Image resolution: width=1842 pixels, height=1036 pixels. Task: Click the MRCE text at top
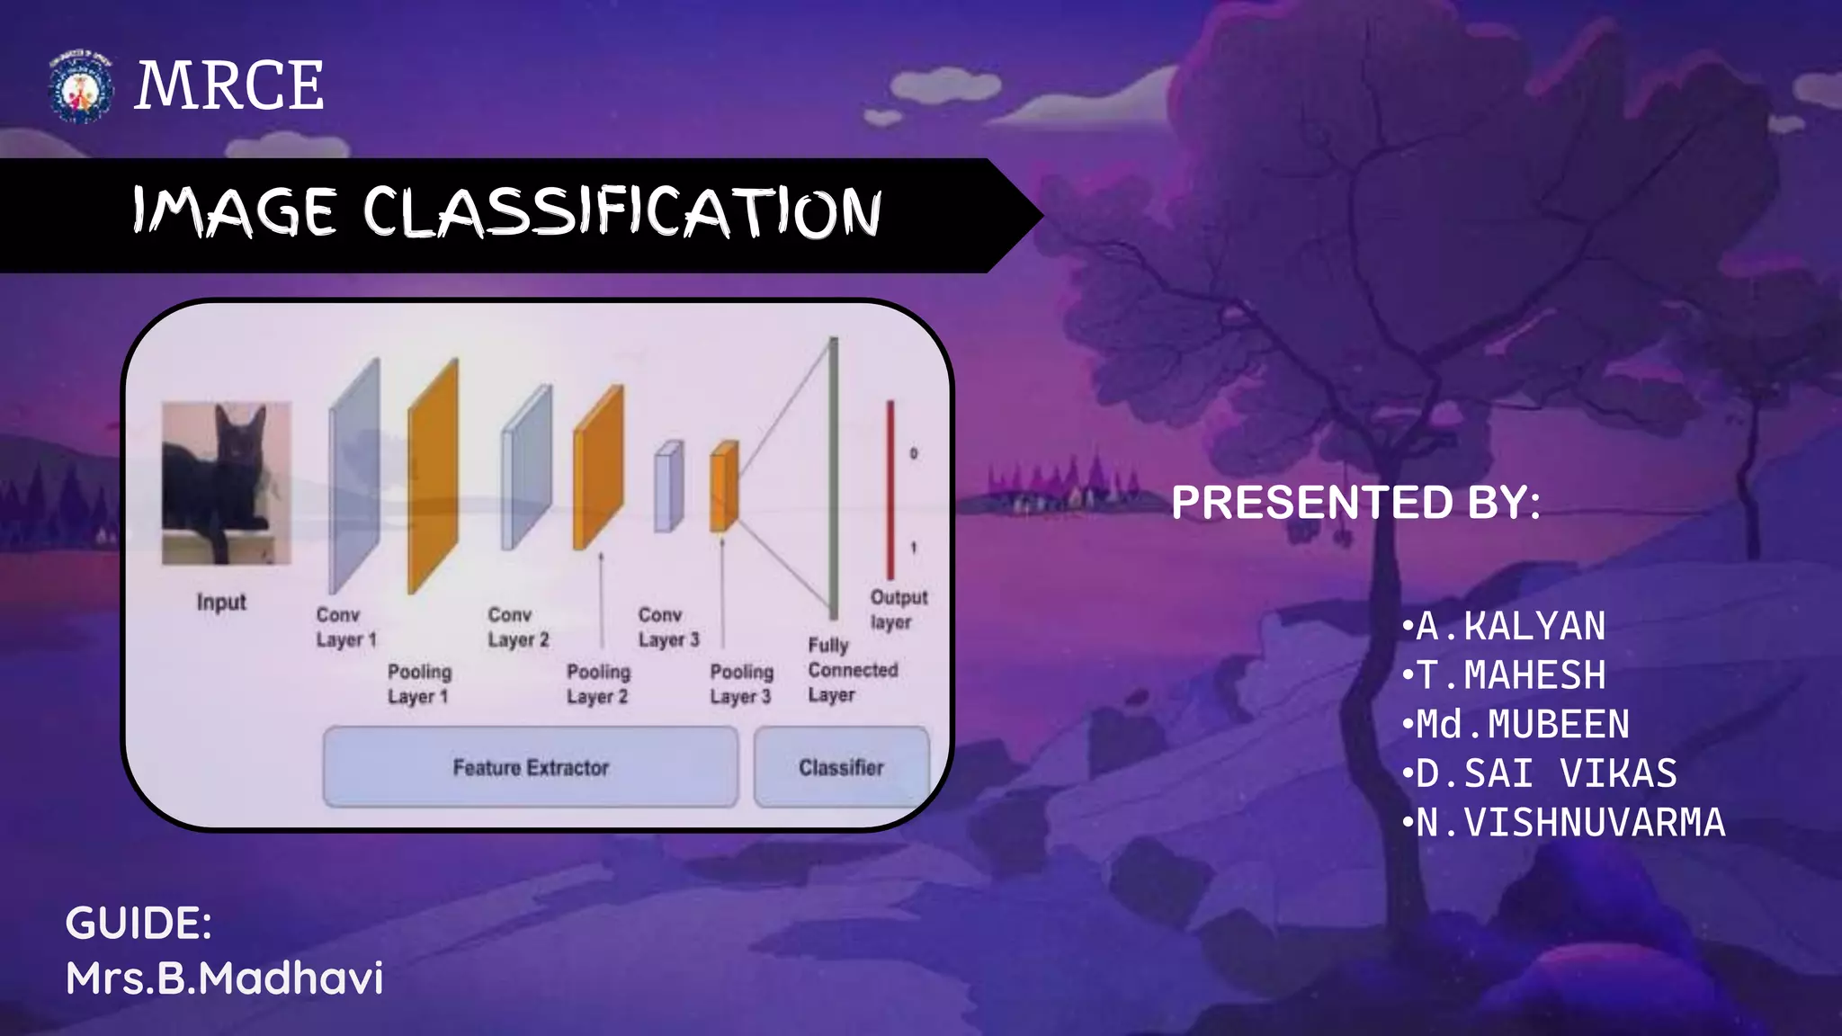coord(229,86)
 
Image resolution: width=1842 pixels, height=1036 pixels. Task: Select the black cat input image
coord(226,483)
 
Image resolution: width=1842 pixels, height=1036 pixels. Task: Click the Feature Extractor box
coord(531,767)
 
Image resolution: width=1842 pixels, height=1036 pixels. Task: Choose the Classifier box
coord(841,767)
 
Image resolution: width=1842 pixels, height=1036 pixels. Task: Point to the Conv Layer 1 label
coord(345,627)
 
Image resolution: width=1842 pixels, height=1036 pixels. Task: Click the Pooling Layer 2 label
coord(598,683)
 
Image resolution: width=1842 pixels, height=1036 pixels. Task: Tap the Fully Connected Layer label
coord(852,670)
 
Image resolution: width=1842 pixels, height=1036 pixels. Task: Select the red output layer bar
coord(890,490)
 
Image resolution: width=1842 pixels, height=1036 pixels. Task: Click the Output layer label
coord(898,609)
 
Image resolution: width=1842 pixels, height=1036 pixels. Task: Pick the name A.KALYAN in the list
coord(1510,626)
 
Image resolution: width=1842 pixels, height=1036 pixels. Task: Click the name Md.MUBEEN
coord(1522,724)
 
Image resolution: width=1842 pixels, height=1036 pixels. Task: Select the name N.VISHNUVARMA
coord(1569,822)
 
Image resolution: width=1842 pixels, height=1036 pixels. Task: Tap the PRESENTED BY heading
coord(1355,502)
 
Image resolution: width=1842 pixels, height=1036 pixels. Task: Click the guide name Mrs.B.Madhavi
coord(225,978)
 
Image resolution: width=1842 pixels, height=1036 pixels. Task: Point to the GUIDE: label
coord(139,924)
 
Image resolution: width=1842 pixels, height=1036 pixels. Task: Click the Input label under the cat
coord(221,602)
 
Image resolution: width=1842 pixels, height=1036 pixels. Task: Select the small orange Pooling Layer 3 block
coord(724,486)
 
